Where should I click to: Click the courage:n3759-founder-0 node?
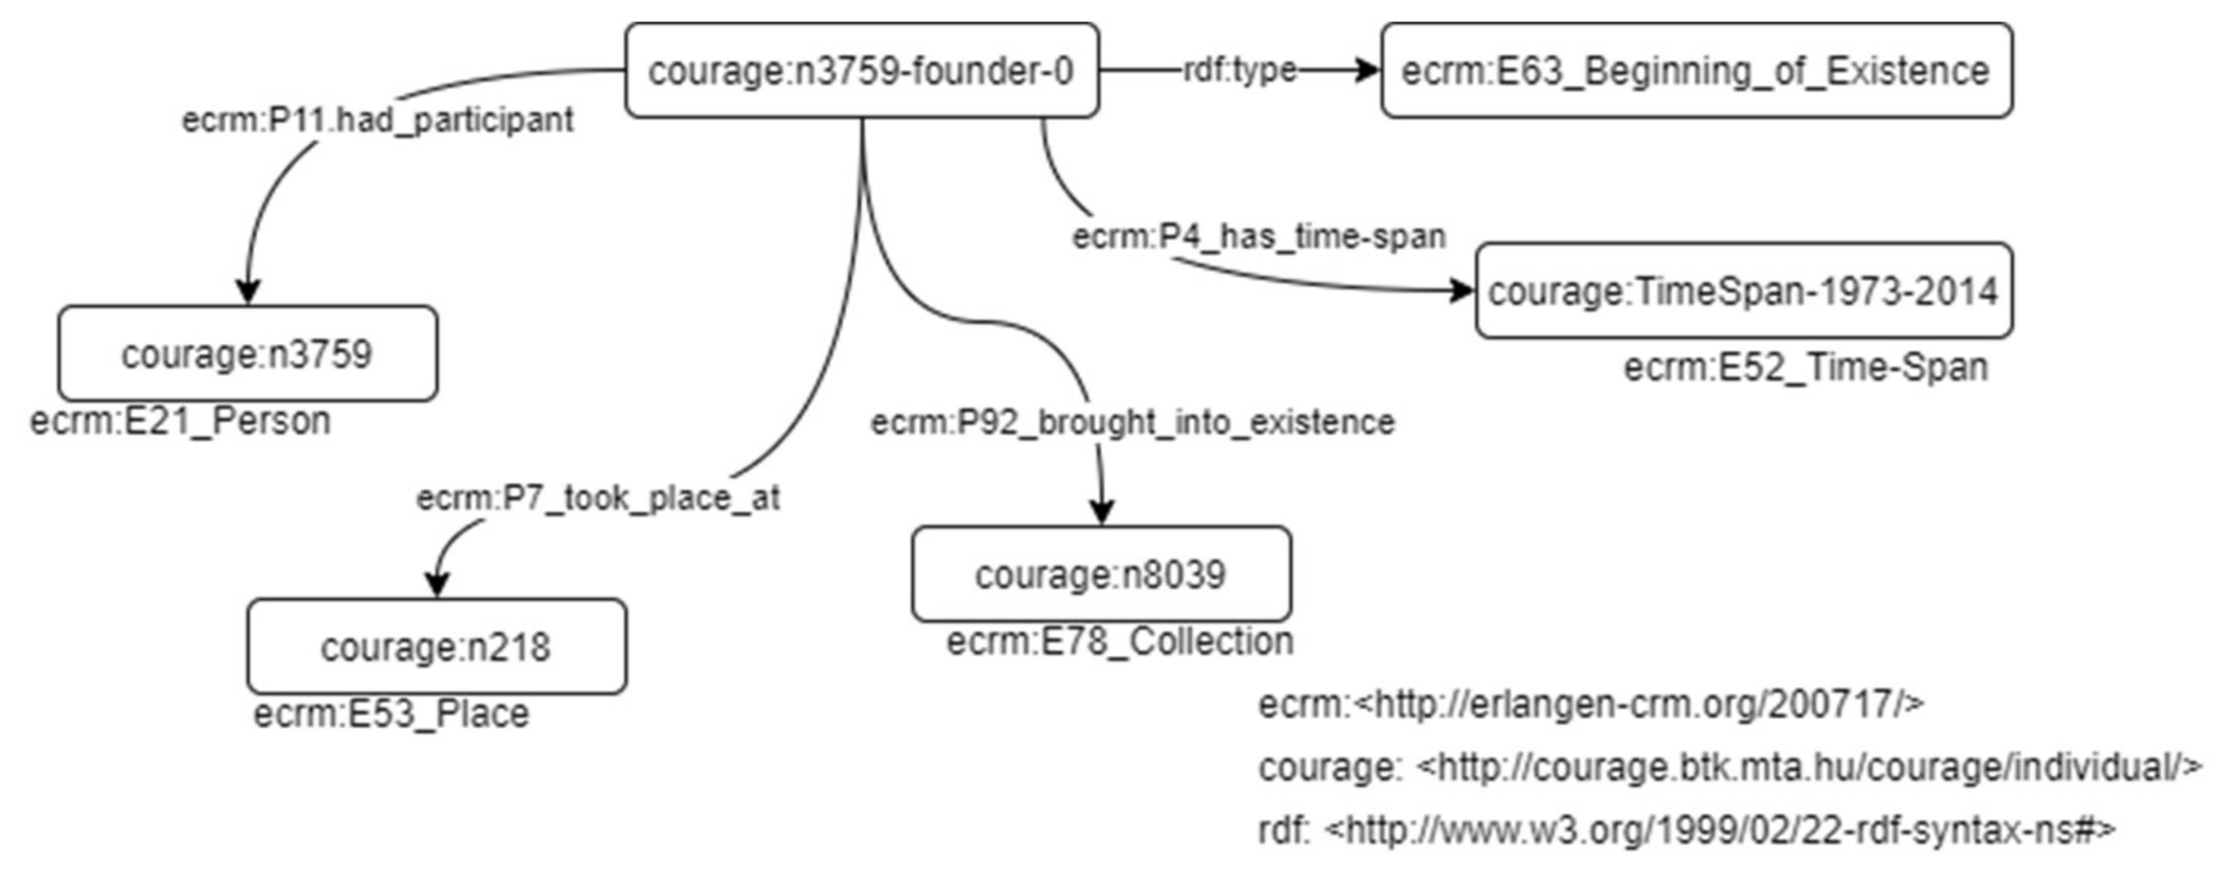[x=862, y=71]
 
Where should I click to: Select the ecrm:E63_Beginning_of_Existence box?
[x=1696, y=71]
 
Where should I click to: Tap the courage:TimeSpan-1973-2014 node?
[x=1743, y=291]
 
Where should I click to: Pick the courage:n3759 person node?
[x=247, y=354]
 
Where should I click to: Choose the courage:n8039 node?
[x=1101, y=574]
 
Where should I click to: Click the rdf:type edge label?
[x=1240, y=70]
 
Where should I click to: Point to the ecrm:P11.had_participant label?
[x=377, y=120]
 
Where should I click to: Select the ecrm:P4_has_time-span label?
[x=1258, y=236]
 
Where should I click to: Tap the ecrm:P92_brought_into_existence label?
[x=1132, y=422]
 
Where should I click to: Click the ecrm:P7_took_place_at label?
[x=598, y=498]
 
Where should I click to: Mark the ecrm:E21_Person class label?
[x=181, y=421]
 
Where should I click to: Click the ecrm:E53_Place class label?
[x=391, y=714]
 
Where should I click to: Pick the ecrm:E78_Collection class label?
[x=1120, y=641]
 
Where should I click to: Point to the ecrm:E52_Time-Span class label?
[x=1805, y=368]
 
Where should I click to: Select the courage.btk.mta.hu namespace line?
[x=1730, y=767]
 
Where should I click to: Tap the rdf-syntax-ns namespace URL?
[x=1719, y=829]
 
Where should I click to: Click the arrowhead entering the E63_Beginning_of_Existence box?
[x=1368, y=71]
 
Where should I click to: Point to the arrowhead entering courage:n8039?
[x=1102, y=513]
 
